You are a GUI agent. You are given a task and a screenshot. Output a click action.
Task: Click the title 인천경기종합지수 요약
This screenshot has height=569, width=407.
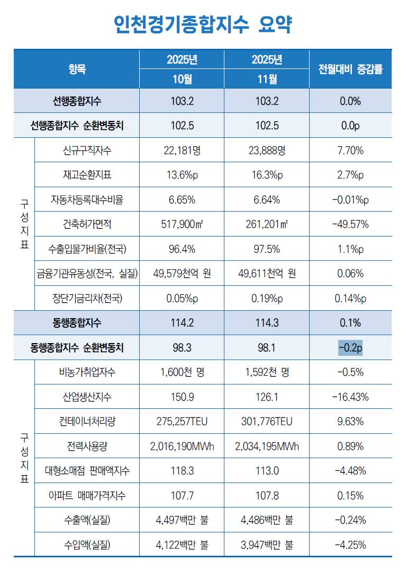(x=203, y=24)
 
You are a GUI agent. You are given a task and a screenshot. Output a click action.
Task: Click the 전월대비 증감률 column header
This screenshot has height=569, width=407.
(x=350, y=69)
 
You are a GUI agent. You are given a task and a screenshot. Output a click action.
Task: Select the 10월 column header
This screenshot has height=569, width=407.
(x=182, y=80)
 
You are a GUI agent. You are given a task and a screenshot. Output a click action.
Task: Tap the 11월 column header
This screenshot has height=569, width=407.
(x=267, y=80)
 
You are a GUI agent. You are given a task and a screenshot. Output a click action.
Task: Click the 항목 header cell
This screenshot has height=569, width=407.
(x=77, y=69)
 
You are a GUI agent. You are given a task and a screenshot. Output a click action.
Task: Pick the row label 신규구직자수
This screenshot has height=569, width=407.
(x=87, y=150)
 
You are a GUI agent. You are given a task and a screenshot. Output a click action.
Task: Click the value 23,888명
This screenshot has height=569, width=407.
(x=267, y=150)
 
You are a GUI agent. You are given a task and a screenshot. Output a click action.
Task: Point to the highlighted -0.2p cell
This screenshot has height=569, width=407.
(x=350, y=347)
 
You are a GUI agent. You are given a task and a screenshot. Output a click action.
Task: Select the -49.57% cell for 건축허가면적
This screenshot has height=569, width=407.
(x=350, y=224)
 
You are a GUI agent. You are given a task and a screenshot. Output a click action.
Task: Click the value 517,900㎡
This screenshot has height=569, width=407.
(x=182, y=224)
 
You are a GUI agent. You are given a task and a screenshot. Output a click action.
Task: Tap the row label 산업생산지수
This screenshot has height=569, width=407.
(x=87, y=397)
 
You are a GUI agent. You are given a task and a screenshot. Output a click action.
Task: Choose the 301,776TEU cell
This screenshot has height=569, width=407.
(x=267, y=422)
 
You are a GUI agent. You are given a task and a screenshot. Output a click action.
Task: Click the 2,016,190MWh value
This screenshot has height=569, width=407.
(x=182, y=446)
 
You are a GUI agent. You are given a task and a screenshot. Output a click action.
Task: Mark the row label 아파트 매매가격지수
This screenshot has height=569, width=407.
(x=87, y=495)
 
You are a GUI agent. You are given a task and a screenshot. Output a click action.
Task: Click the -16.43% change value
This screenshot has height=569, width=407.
(x=350, y=397)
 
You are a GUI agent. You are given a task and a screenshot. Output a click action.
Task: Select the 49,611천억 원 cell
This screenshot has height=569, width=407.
(x=267, y=273)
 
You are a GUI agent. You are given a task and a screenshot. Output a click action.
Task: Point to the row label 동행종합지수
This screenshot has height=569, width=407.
(x=77, y=322)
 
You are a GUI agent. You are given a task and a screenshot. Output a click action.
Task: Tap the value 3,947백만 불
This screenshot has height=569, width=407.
(x=267, y=545)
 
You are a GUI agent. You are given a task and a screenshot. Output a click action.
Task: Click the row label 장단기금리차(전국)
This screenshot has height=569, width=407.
(x=87, y=298)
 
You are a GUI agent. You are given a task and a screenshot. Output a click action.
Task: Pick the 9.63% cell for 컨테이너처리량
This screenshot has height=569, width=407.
(x=350, y=422)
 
